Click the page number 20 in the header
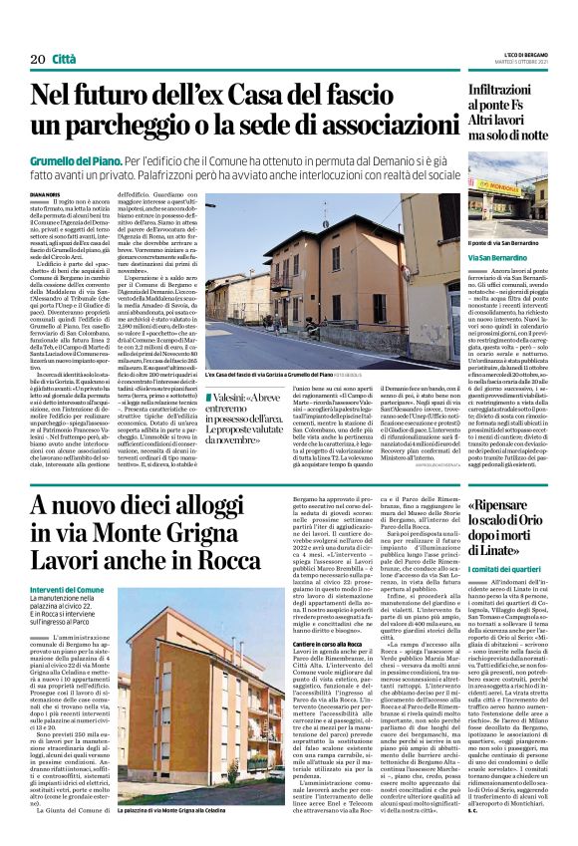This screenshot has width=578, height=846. (36, 61)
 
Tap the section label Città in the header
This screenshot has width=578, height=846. (64, 61)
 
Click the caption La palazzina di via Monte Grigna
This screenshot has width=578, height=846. (178, 826)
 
